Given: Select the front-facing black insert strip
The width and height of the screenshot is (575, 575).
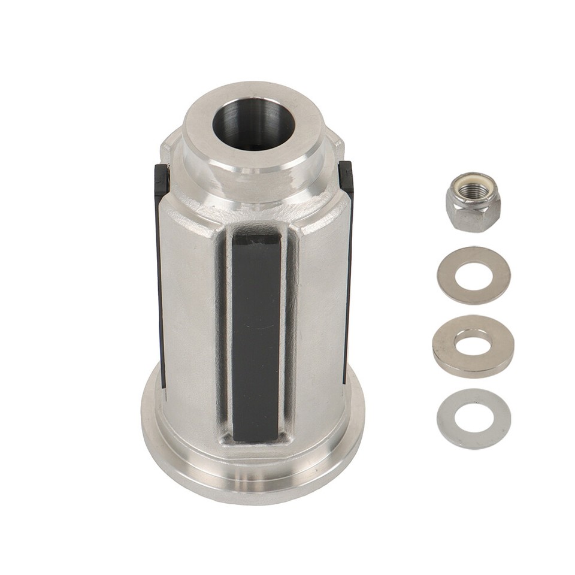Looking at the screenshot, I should point(256,335).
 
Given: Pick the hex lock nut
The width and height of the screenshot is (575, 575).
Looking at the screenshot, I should point(473,202).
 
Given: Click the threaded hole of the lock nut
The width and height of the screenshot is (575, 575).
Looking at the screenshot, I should point(473,190).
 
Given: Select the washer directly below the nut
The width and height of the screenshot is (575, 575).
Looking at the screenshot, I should point(474,276).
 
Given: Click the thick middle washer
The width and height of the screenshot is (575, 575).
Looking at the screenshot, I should point(473,346).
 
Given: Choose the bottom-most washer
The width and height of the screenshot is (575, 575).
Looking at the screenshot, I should point(474,419).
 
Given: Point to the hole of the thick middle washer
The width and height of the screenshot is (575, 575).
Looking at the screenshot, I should point(473,341).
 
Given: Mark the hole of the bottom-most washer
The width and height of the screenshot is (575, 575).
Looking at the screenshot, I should point(474,418).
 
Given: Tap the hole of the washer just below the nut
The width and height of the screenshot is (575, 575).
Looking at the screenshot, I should point(474,276).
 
